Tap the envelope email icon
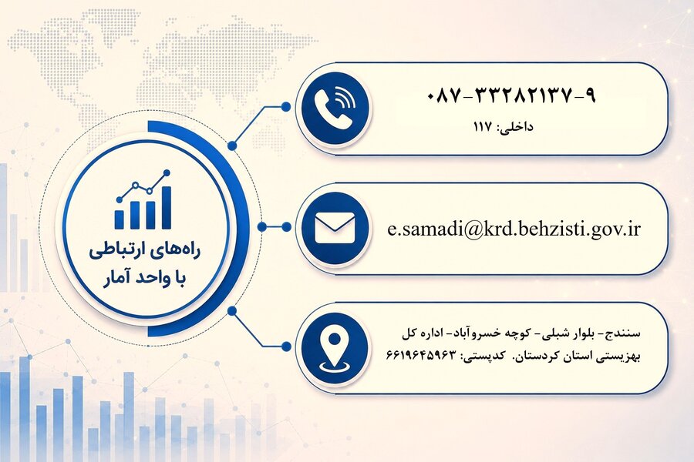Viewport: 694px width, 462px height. click(x=335, y=228)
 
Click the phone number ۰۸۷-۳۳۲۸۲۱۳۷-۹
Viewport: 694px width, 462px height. click(x=512, y=95)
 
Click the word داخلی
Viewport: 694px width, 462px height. click(x=517, y=128)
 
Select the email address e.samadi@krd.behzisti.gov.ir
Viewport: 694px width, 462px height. click(x=514, y=229)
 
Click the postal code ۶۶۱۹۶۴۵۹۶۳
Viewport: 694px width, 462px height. click(x=421, y=355)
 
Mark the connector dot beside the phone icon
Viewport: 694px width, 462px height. click(x=286, y=107)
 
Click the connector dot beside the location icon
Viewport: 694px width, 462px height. click(x=286, y=346)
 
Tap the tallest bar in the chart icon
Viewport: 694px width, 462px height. click(x=166, y=207)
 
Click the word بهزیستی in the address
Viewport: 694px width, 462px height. click(x=623, y=357)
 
